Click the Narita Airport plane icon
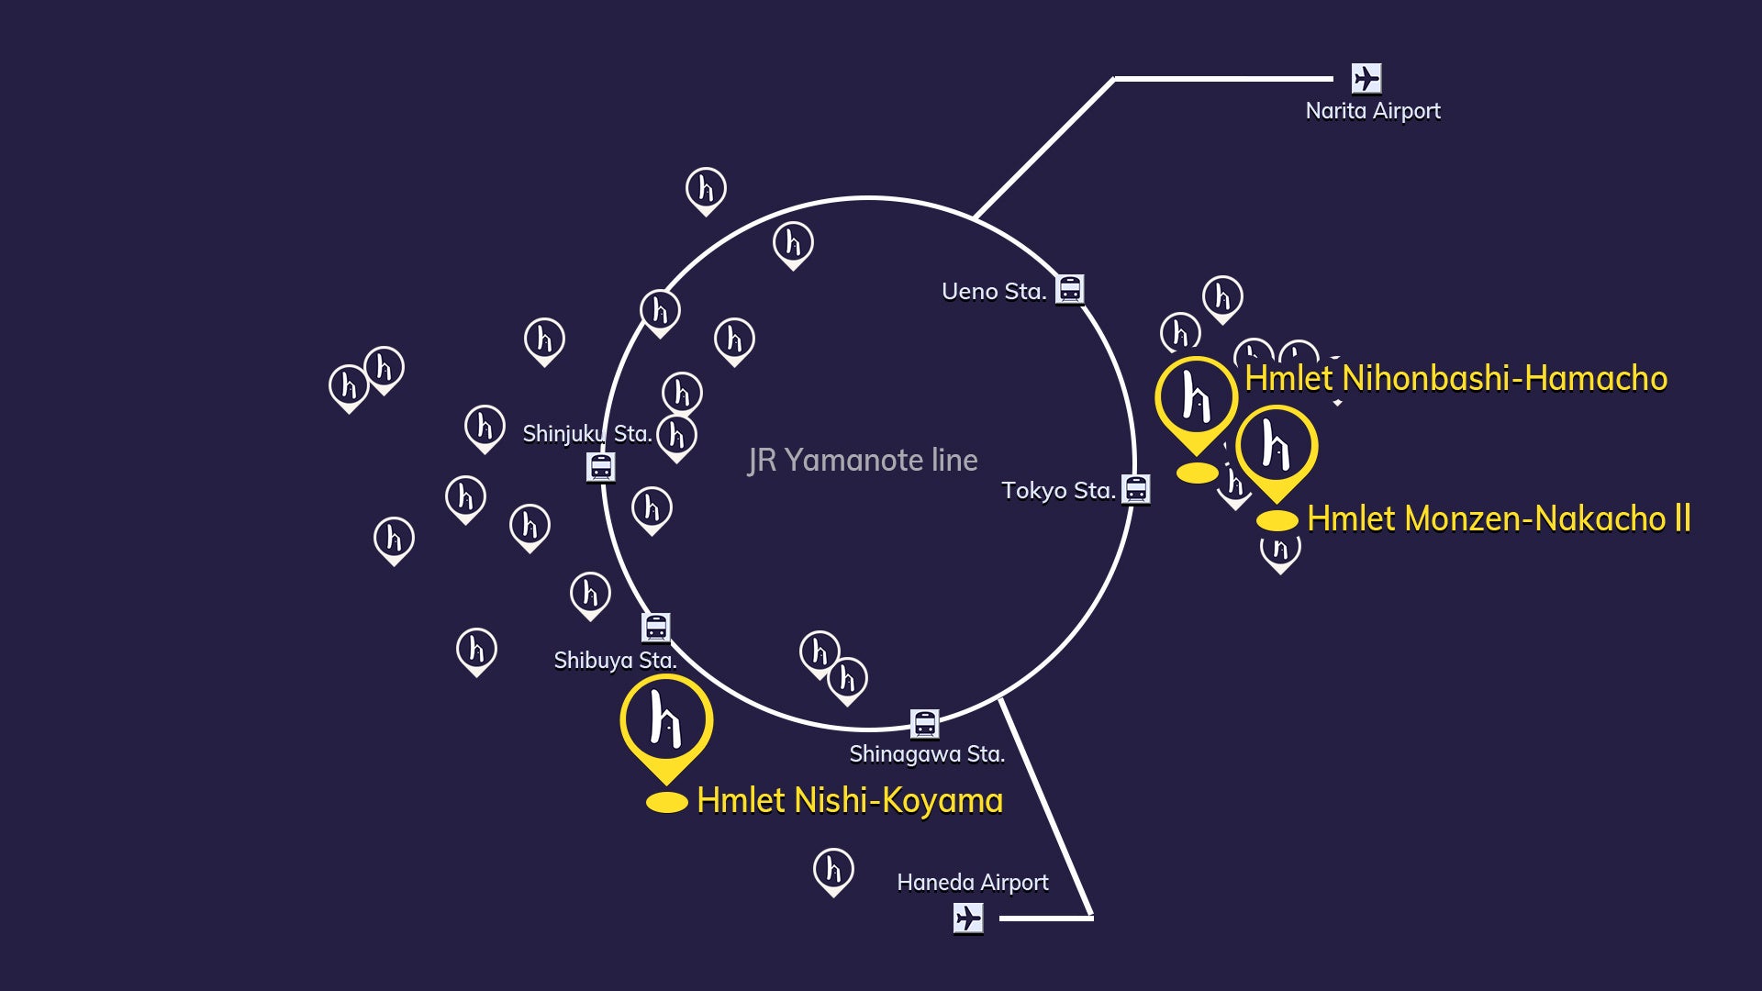tap(1366, 78)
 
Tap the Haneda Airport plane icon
tap(968, 918)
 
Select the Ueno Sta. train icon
tap(1070, 289)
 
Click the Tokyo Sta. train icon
tap(1136, 489)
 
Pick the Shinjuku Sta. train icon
tap(601, 467)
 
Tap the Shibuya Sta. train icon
tap(655, 628)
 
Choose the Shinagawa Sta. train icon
tap(924, 724)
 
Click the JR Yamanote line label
tap(863, 460)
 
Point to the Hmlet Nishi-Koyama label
tap(850, 800)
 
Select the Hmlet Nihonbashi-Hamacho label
tap(1455, 378)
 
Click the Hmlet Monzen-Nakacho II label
tap(1499, 518)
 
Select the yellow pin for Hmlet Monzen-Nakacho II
tap(1277, 451)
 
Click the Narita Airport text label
tap(1373, 111)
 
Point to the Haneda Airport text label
tap(973, 883)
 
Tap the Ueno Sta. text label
tap(994, 292)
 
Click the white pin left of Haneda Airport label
tap(833, 871)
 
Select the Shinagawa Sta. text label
tap(927, 754)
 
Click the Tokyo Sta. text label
tap(1058, 491)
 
